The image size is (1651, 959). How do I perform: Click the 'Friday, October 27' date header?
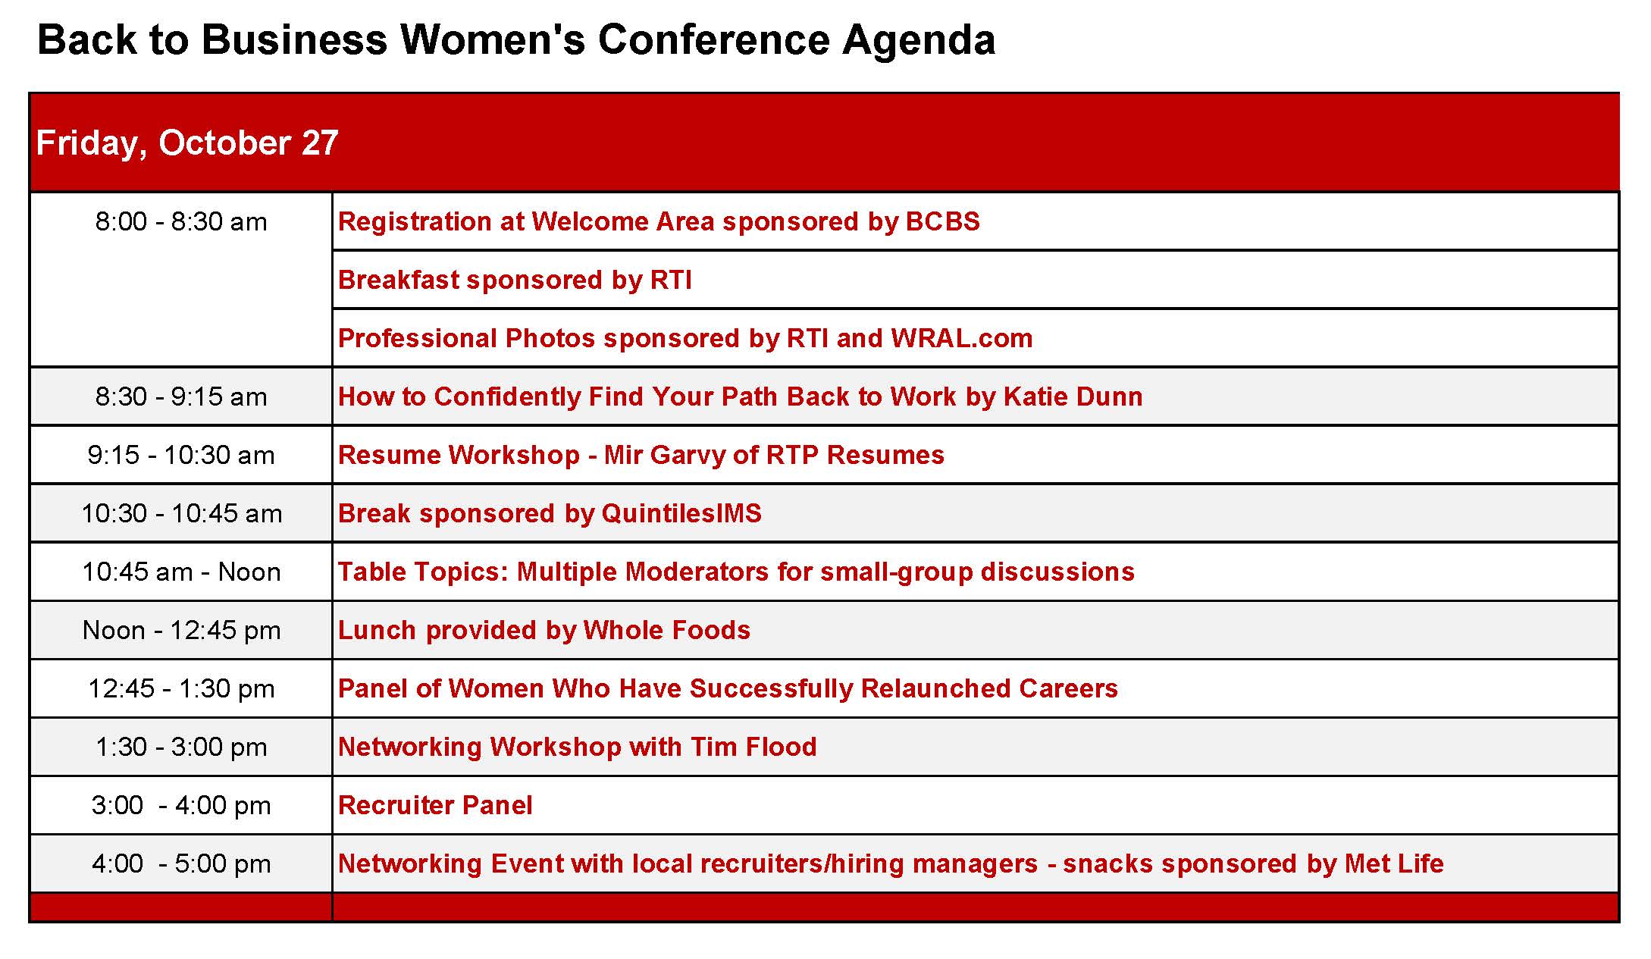coord(186,143)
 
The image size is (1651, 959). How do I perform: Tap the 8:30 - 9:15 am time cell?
coord(181,396)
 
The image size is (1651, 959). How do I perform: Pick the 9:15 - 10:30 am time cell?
coord(181,455)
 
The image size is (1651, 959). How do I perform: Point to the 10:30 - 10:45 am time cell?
coord(181,513)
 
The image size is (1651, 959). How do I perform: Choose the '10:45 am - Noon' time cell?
coord(181,572)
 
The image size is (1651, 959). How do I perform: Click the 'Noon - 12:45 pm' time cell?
coord(181,630)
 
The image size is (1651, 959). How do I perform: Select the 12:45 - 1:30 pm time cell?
coord(181,688)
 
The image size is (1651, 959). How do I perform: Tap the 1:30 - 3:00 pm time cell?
coord(181,747)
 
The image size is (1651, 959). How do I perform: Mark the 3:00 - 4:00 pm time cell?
coord(181,805)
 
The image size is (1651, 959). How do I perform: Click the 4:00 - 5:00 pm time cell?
coord(181,863)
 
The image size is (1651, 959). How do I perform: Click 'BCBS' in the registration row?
coord(943,221)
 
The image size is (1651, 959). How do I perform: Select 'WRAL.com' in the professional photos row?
coord(962,338)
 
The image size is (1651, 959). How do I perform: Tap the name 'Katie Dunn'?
coord(1073,396)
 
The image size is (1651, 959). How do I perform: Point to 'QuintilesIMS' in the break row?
coord(681,513)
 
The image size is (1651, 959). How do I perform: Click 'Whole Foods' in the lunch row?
coord(667,630)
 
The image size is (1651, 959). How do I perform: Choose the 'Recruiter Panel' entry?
coord(435,805)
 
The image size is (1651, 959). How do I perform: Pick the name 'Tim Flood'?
coord(753,747)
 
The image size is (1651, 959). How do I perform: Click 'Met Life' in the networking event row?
coord(1394,863)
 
